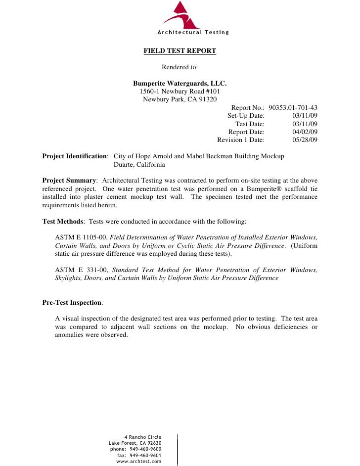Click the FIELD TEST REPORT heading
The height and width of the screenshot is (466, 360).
(180, 50)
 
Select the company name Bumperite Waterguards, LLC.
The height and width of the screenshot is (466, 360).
(180, 83)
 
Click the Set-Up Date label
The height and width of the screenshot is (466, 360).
(246, 115)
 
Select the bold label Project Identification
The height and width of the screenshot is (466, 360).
(75, 156)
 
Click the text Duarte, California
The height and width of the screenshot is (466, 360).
(139, 165)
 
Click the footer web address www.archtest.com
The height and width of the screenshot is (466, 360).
(139, 461)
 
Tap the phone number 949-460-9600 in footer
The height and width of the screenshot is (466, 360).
(145, 449)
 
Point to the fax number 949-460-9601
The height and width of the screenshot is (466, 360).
(145, 455)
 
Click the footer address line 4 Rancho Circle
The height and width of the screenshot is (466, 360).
(143, 437)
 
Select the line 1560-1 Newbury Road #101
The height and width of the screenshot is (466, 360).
(180, 92)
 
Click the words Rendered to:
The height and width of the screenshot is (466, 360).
(180, 67)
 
